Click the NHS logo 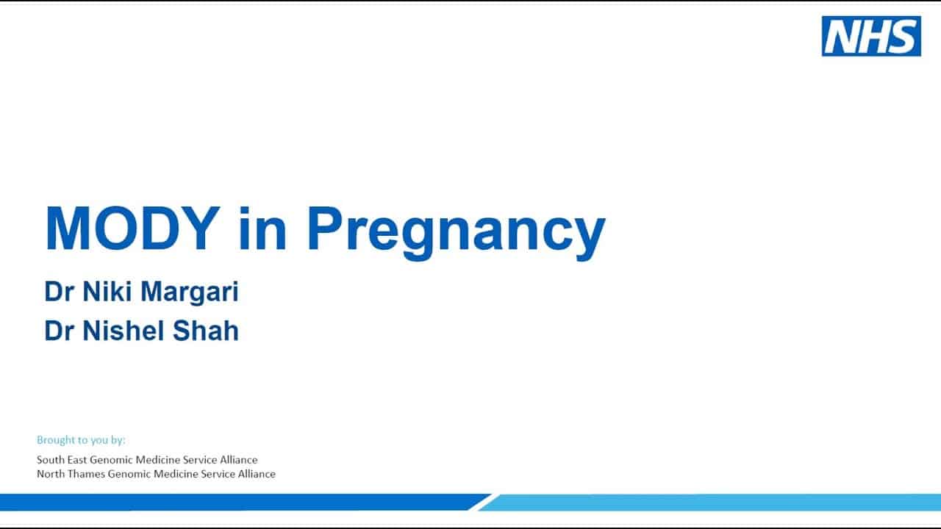click(x=871, y=36)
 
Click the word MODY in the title click(x=133, y=228)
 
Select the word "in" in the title click(x=263, y=228)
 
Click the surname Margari click(x=190, y=292)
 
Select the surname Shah click(x=206, y=331)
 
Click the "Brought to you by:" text click(x=81, y=440)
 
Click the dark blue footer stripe click(x=243, y=502)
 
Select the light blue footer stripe click(x=710, y=503)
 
